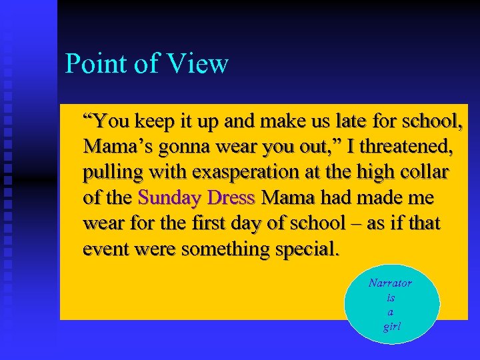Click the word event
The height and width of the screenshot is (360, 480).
[x=105, y=249]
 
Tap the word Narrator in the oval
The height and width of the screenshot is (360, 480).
[x=390, y=283]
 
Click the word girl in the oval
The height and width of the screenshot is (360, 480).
[x=391, y=327]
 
